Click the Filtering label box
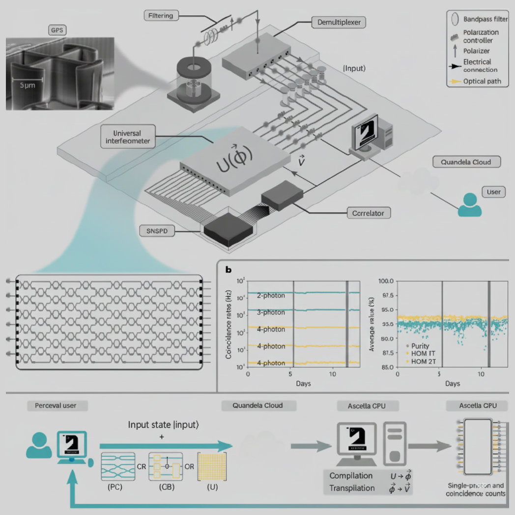[x=161, y=16]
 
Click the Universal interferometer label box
[x=128, y=137]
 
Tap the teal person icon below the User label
[x=470, y=205]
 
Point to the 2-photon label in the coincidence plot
[x=271, y=296]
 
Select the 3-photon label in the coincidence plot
[x=271, y=313]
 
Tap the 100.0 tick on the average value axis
[x=385, y=281]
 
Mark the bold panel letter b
[x=228, y=269]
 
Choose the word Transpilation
[x=352, y=488]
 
